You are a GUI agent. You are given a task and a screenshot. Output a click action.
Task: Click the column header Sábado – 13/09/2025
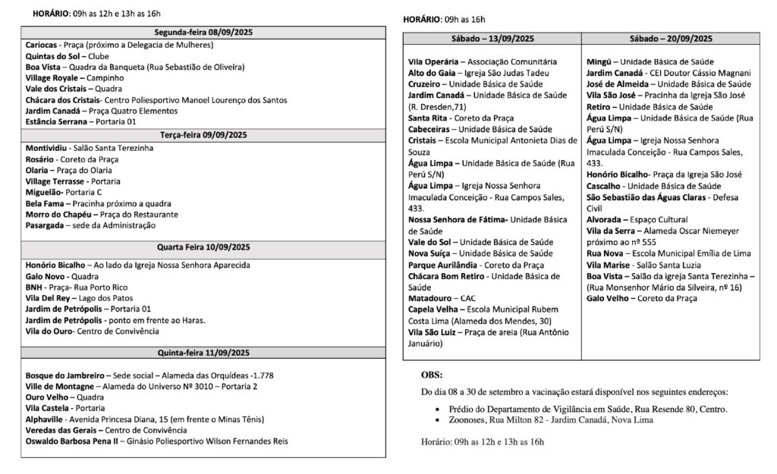coord(492,39)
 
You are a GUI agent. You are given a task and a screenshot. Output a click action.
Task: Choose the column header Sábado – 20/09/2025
coord(671,39)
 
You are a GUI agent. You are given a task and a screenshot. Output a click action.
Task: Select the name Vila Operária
coord(433,61)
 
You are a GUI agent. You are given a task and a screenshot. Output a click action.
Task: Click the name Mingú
coord(599,61)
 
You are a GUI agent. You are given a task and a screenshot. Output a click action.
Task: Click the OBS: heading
coord(432,375)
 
